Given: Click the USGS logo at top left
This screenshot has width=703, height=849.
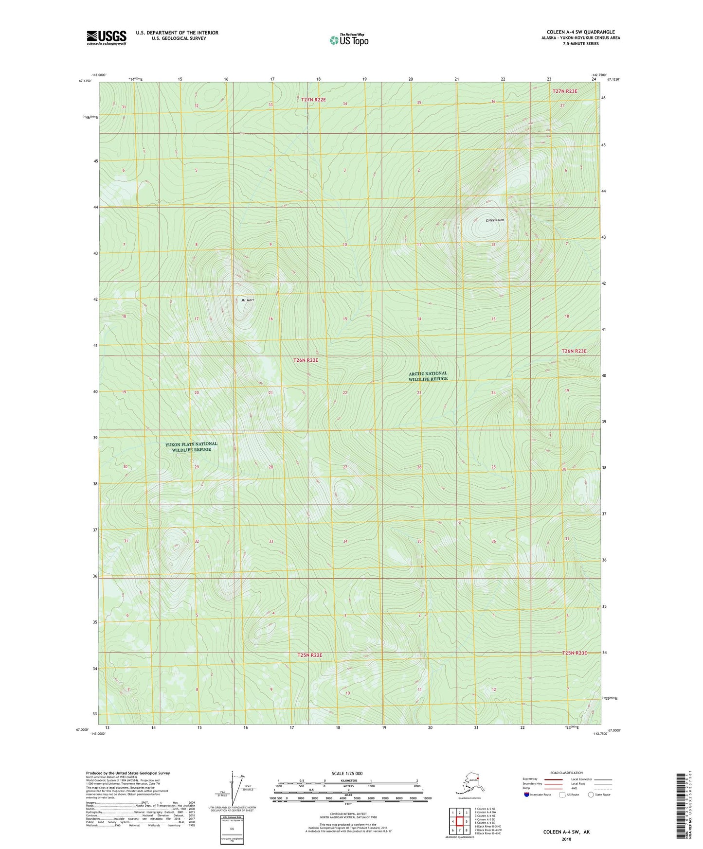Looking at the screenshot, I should [106, 37].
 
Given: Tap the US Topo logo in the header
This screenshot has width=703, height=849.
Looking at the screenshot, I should [348, 40].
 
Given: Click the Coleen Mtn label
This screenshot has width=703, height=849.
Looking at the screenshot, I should [494, 220].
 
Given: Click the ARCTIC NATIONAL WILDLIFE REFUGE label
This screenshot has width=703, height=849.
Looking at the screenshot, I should [428, 376].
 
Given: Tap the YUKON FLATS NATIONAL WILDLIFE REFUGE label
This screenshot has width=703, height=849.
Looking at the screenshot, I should [191, 446].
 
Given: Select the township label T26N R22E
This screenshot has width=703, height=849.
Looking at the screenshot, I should [306, 360].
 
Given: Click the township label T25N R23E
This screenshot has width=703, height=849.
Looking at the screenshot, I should [575, 653].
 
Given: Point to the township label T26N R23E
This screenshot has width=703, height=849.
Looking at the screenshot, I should [574, 351].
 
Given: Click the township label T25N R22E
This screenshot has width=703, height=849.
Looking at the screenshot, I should [310, 655].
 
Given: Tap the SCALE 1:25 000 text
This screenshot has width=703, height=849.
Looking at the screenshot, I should [347, 773].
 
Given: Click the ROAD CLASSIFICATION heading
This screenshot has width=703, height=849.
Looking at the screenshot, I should [566, 773].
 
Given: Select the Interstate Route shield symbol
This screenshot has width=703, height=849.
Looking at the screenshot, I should [527, 795].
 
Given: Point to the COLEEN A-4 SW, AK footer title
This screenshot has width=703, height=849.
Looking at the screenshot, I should [566, 832].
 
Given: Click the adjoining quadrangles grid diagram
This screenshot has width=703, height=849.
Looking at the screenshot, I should [459, 822].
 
